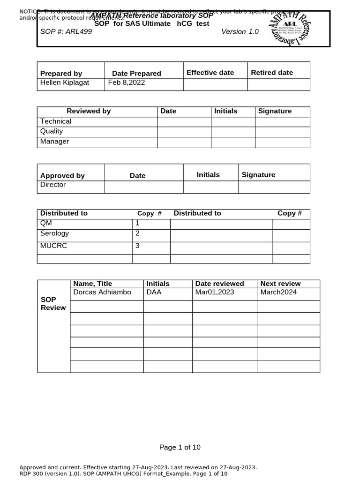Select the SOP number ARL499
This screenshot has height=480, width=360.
(x=66, y=31)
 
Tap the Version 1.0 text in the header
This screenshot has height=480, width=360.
(x=240, y=31)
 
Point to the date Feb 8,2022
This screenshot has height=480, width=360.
(x=127, y=82)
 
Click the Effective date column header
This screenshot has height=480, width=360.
(x=210, y=72)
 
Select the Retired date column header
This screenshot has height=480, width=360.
(x=272, y=72)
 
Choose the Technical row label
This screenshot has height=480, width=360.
(x=56, y=121)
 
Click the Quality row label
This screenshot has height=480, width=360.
(x=52, y=131)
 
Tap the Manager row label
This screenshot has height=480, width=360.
(x=54, y=142)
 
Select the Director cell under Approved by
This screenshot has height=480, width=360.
(x=53, y=185)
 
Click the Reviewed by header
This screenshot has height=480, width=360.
(x=89, y=111)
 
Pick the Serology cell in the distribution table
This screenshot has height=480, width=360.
(x=54, y=233)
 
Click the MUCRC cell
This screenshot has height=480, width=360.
(x=53, y=246)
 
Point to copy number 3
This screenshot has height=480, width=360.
(x=137, y=246)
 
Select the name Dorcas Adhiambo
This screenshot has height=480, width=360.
(x=102, y=292)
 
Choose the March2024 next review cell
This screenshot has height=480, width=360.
(x=278, y=292)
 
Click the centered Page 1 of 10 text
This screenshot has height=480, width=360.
(x=180, y=447)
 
